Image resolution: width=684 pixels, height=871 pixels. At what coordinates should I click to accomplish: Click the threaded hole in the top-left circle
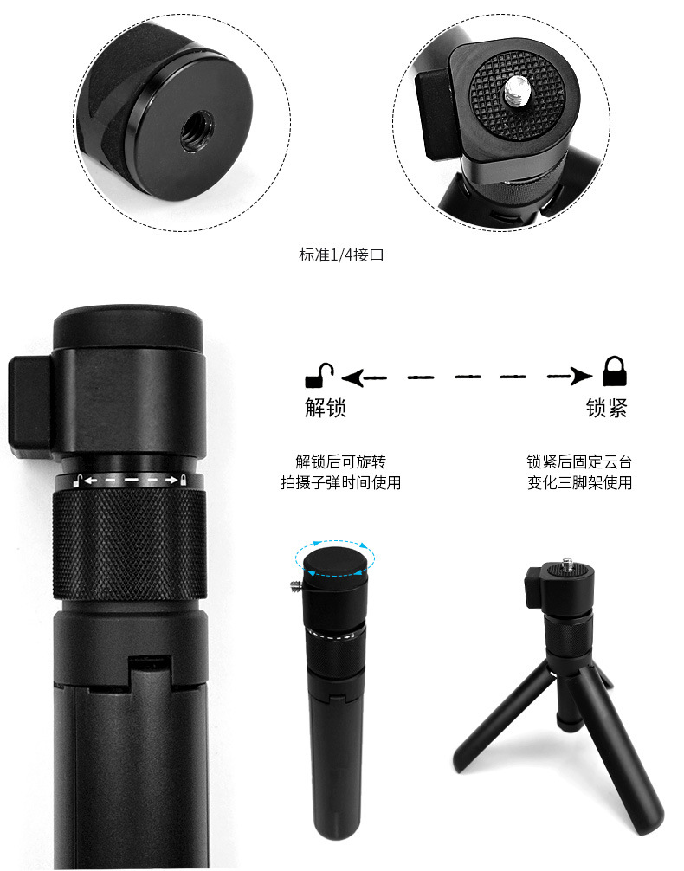point(197,131)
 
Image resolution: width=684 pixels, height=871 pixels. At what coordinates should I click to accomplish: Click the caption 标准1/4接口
point(341,255)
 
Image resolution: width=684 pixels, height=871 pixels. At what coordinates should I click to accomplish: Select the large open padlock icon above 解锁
point(319,376)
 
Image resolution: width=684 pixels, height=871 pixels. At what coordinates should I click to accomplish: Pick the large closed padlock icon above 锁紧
point(615,371)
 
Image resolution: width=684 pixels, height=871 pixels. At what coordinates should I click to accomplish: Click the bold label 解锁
point(326,408)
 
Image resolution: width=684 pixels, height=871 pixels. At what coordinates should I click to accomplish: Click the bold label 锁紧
point(607,408)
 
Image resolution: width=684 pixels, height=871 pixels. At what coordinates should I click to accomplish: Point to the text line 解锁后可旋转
point(340,461)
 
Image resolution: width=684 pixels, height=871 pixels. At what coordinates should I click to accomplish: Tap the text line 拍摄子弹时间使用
point(340,482)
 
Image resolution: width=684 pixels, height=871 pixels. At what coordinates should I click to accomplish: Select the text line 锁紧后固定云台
point(579,461)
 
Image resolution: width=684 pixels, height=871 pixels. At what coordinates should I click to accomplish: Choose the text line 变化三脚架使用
point(579,482)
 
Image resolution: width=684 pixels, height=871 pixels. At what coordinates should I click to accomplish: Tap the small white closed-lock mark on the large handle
point(184,480)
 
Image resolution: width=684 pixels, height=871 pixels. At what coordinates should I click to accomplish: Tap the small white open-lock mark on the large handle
point(78,481)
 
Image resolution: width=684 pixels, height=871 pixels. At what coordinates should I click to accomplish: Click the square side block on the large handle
point(30,407)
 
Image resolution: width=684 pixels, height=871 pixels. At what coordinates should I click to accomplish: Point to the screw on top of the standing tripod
point(567,565)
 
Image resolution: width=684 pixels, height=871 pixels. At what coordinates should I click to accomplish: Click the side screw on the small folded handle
point(296,585)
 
